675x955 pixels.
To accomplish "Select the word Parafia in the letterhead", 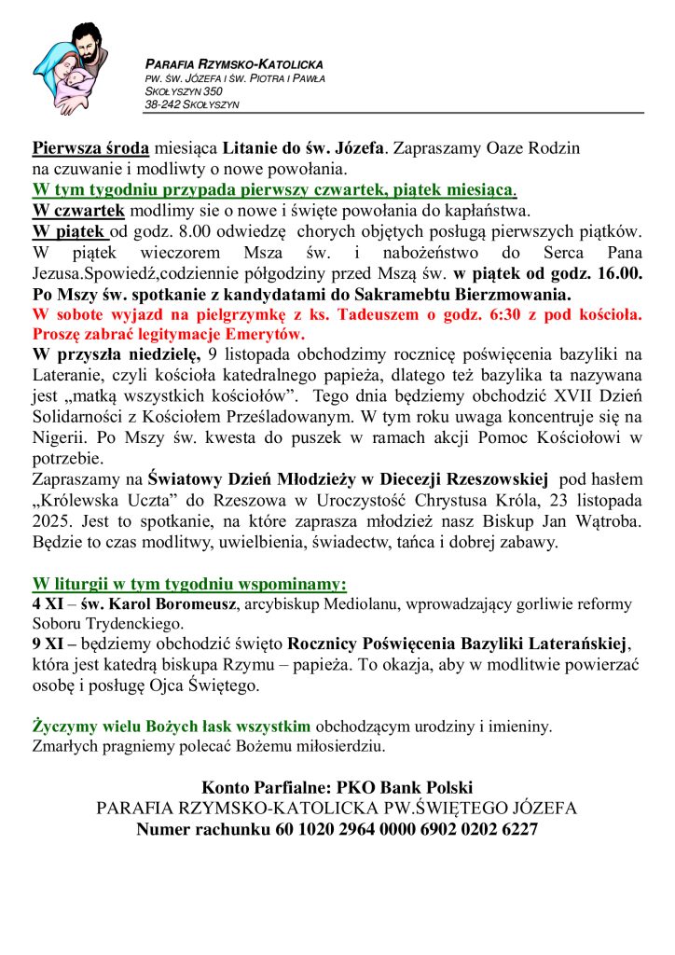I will click(x=168, y=64).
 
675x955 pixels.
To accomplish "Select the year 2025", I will click(x=51, y=521).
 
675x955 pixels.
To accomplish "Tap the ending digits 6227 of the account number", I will click(x=517, y=828).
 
